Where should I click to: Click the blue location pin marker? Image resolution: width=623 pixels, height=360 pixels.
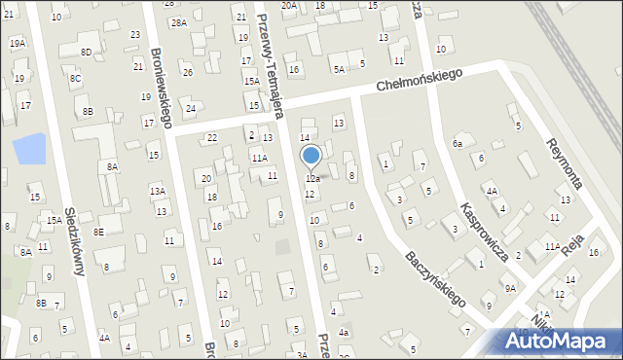pos(311,156)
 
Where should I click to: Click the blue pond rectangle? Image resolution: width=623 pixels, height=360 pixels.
pos(29,150)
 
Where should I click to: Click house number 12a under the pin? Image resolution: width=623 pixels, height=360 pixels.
pos(312,179)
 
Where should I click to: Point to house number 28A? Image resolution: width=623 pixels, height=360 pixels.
pos(178,22)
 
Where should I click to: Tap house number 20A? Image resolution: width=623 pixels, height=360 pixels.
pos(289,5)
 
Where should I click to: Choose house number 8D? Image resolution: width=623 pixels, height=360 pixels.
pos(87,52)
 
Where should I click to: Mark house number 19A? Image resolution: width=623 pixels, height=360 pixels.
pos(18,44)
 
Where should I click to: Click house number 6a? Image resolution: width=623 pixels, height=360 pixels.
pos(457,143)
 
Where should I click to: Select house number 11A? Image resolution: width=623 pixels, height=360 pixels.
pos(259,158)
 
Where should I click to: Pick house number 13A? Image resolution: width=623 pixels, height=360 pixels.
pos(157,192)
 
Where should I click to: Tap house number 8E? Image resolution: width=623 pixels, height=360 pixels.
pos(98,232)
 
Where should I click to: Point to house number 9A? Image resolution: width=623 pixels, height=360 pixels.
pos(509,288)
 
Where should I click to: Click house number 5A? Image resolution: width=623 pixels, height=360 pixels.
pos(339,69)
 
